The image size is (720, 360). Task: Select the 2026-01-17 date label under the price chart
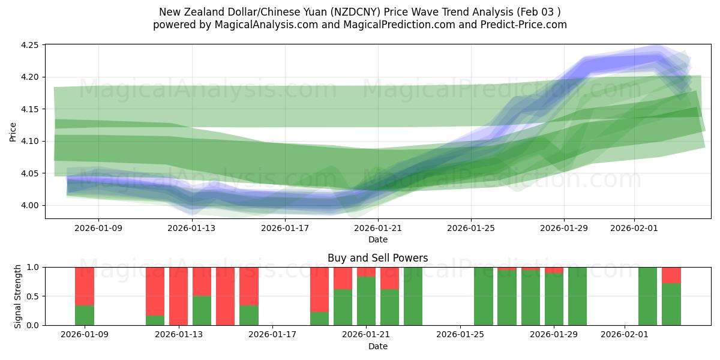(x=285, y=228)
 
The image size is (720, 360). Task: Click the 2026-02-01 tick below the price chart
(x=634, y=228)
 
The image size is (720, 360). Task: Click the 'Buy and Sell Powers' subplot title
(x=377, y=258)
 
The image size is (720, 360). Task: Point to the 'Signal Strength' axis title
(x=18, y=296)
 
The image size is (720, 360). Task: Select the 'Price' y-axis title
(x=13, y=132)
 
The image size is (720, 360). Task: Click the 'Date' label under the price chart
(x=377, y=239)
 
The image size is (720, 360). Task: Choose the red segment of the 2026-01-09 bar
(x=85, y=286)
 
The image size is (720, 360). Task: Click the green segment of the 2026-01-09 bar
(x=85, y=316)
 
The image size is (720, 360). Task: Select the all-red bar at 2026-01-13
(x=178, y=296)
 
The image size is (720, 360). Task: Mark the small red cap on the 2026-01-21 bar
(x=366, y=272)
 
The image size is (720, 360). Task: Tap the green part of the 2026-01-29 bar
(x=554, y=300)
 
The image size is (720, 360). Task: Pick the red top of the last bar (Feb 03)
(x=671, y=275)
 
